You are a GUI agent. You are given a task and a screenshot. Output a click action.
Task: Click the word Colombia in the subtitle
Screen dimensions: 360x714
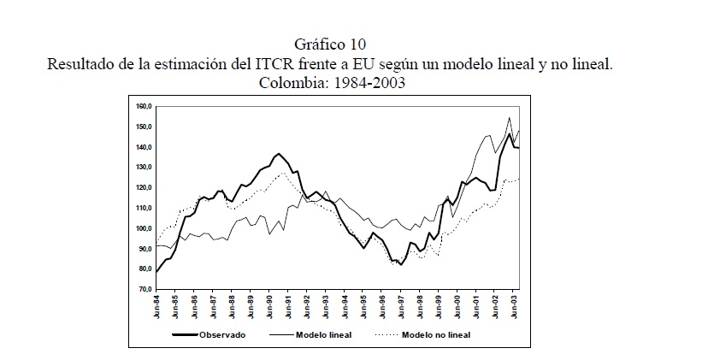click(288, 83)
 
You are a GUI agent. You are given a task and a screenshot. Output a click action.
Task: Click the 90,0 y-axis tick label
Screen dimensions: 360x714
click(143, 249)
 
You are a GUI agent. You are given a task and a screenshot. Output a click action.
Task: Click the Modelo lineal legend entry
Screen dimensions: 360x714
click(323, 334)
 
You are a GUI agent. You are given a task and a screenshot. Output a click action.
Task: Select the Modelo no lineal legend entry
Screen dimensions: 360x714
click(436, 334)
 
